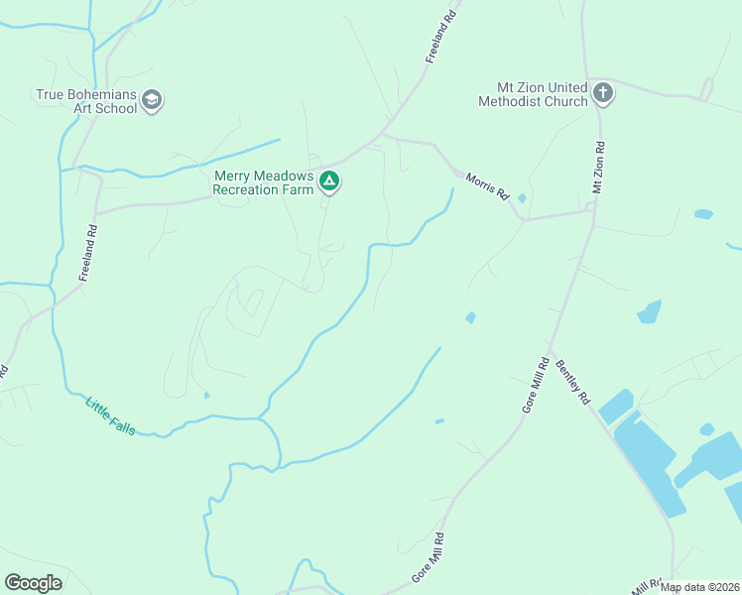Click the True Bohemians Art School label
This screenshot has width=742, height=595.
[86, 101]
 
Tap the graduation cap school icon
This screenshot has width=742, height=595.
[152, 99]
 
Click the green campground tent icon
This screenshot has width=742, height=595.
[329, 181]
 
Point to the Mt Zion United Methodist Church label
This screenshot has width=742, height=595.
[533, 94]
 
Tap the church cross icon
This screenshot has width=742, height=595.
[602, 94]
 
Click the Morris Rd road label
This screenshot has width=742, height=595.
[488, 184]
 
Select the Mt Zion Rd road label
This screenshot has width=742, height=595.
[598, 167]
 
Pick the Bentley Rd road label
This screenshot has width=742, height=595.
[573, 382]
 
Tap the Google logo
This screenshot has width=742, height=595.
[33, 583]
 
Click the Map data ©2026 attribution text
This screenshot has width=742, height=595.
[700, 587]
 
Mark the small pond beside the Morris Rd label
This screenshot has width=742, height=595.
[522, 198]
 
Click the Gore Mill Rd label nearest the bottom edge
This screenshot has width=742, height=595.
[428, 557]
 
